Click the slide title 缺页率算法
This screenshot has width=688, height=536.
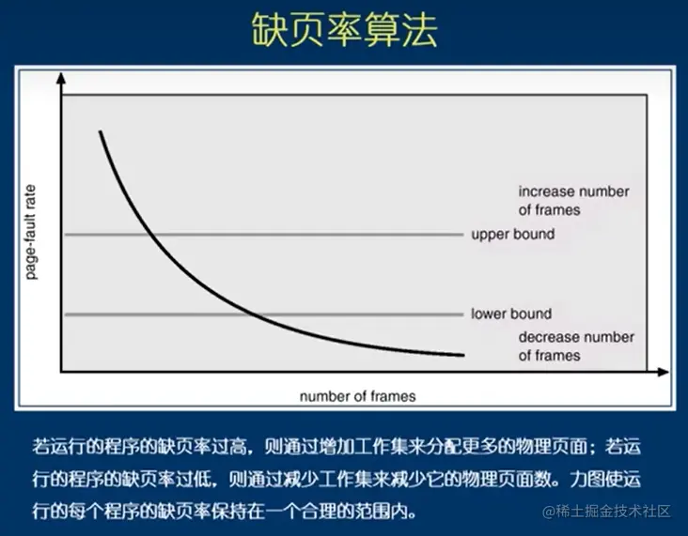pos(344,32)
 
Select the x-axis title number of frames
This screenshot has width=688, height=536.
pos(357,396)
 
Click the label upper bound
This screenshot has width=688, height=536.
pos(512,234)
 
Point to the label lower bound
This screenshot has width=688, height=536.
pos(511,314)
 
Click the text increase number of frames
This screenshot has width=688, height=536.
pos(573,201)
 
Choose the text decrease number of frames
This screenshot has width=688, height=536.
pos(576,346)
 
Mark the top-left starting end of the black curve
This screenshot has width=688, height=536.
pos(100,133)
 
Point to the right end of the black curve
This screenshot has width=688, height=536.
pos(463,355)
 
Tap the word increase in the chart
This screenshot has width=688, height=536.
pos(546,191)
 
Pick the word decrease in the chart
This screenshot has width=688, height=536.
pos(548,337)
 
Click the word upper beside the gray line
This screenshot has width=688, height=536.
pos(489,234)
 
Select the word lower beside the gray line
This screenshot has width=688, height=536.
pos(488,314)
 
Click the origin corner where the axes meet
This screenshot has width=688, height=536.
pos(61,374)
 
